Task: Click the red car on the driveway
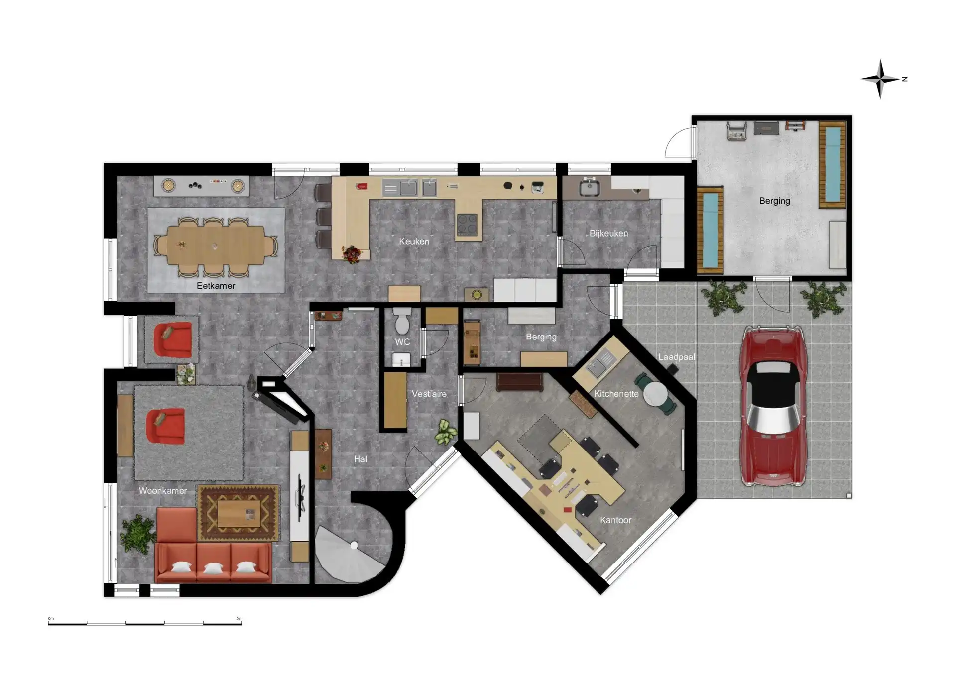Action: (772, 406)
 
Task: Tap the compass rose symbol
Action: (880, 79)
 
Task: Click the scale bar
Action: (145, 623)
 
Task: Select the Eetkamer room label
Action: (216, 286)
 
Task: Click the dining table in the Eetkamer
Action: (215, 246)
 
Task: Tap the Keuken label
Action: (414, 241)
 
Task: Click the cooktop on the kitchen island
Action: (467, 225)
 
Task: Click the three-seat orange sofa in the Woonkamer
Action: (213, 563)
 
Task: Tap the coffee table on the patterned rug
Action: (239, 513)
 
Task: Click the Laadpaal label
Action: (676, 357)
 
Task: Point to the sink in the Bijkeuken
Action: (589, 188)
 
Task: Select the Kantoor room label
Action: (615, 520)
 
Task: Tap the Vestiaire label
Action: (429, 394)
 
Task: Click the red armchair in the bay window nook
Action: (173, 340)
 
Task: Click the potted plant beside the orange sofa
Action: (138, 534)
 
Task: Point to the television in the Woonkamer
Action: (300, 493)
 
